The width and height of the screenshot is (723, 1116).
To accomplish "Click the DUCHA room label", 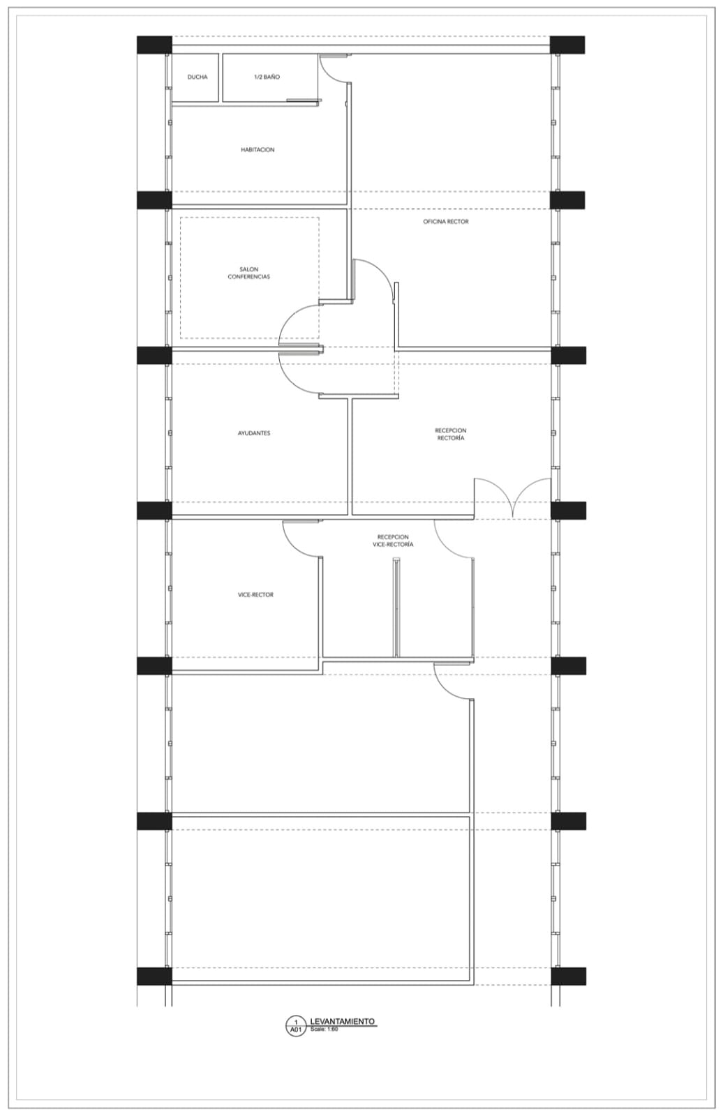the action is point(197,77).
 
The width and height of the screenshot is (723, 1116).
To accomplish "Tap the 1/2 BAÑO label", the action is point(267,77).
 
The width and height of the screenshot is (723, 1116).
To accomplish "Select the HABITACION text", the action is point(258,149).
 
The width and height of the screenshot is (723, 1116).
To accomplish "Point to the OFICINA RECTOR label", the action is point(446,222).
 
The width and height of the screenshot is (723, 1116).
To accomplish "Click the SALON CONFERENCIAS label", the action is point(249,273).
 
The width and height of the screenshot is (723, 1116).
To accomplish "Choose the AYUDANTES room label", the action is point(254,433).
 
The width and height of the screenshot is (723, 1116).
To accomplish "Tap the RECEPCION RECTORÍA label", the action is point(451,434).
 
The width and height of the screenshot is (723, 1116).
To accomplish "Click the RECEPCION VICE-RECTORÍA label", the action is point(393,541).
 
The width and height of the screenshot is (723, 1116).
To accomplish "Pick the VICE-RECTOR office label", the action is point(255,595).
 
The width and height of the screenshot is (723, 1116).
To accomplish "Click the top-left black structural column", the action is point(154,45).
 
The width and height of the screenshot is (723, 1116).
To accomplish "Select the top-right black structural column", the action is point(567,45).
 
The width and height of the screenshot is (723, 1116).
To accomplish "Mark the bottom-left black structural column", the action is point(154,976).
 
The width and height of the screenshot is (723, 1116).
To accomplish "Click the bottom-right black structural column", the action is point(569,976).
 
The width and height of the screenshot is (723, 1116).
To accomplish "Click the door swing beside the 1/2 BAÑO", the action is point(333,70).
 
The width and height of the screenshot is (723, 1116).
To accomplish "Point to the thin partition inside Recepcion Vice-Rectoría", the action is point(396,608).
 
